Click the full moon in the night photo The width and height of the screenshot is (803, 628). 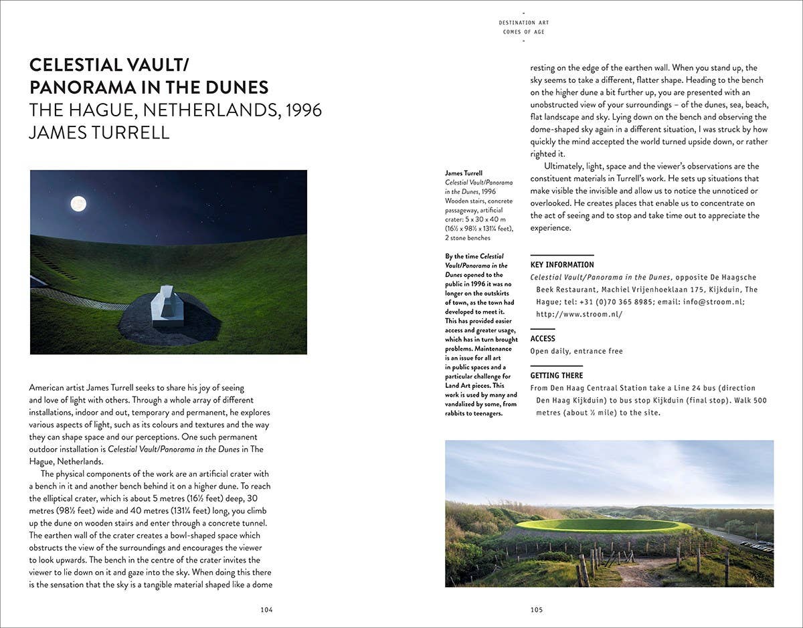[x=78, y=203]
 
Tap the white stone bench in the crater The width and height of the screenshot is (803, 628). [x=168, y=306]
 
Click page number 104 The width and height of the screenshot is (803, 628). [x=266, y=609]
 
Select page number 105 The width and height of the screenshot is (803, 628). [x=536, y=609]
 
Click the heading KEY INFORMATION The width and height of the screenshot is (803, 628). [x=562, y=265]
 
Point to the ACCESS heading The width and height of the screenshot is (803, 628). [x=543, y=338]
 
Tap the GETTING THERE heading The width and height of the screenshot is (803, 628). [x=557, y=375]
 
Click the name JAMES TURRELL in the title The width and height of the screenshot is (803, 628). [x=99, y=132]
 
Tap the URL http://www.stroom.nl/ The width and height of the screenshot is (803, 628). [x=579, y=314]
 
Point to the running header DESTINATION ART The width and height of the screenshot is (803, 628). [x=523, y=23]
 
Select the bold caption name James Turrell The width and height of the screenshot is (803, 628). [x=464, y=173]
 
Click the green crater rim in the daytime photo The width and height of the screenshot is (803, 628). [x=602, y=526]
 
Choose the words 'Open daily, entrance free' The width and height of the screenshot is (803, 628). [x=576, y=351]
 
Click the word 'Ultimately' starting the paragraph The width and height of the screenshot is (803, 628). [x=567, y=167]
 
